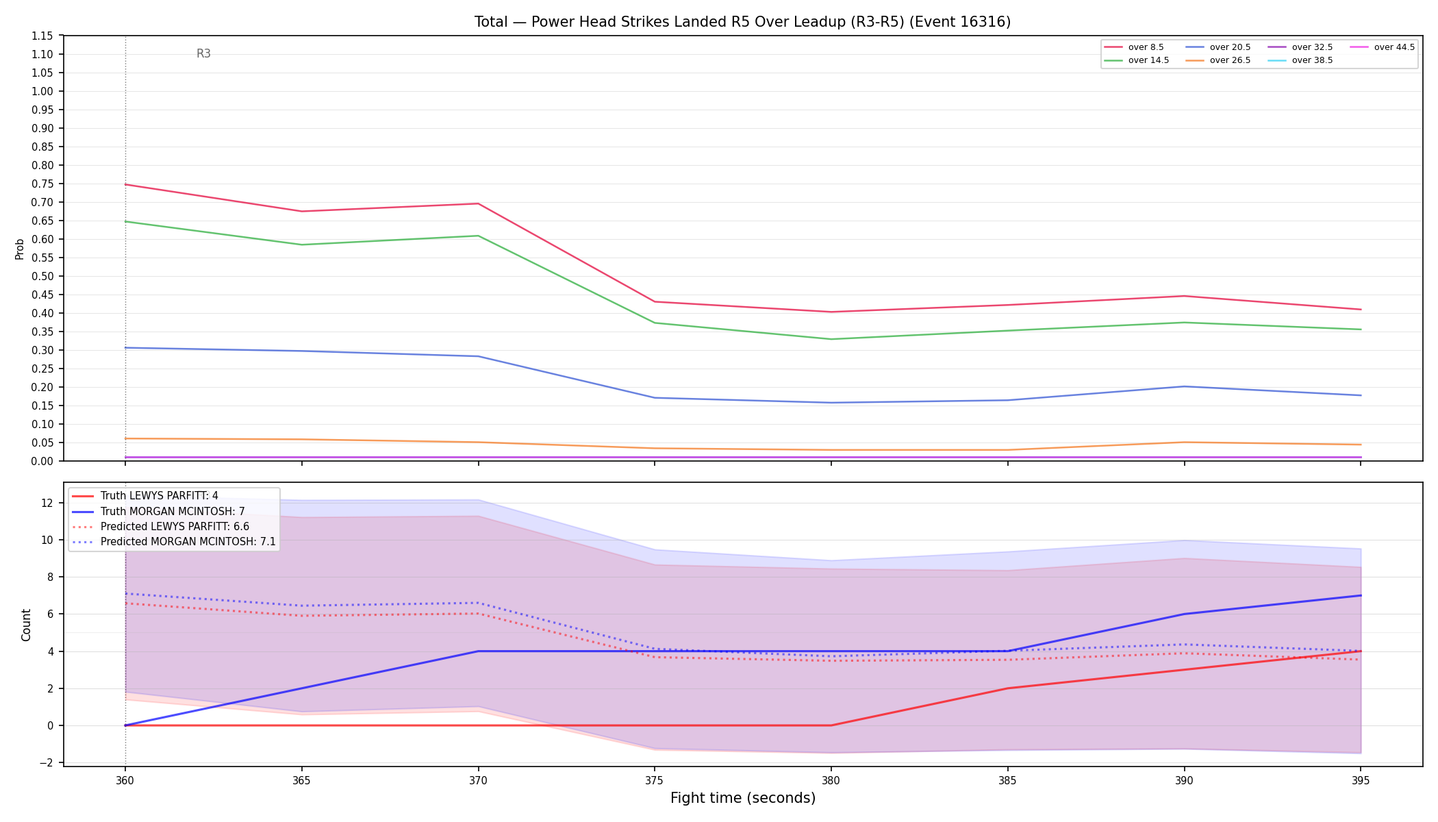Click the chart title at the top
click(742, 22)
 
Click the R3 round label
click(203, 53)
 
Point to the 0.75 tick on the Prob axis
click(42, 184)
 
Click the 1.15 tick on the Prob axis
click(42, 36)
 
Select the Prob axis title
click(20, 249)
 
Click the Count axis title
click(27, 625)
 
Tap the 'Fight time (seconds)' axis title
click(743, 798)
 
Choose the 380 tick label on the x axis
click(831, 780)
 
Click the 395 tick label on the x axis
click(1361, 780)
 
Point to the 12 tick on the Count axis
click(47, 503)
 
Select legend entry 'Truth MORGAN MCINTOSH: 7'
click(173, 512)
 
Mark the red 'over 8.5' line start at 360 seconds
click(125, 184)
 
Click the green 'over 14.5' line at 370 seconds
click(478, 236)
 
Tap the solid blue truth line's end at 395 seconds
click(1361, 595)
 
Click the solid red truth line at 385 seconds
click(1007, 688)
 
